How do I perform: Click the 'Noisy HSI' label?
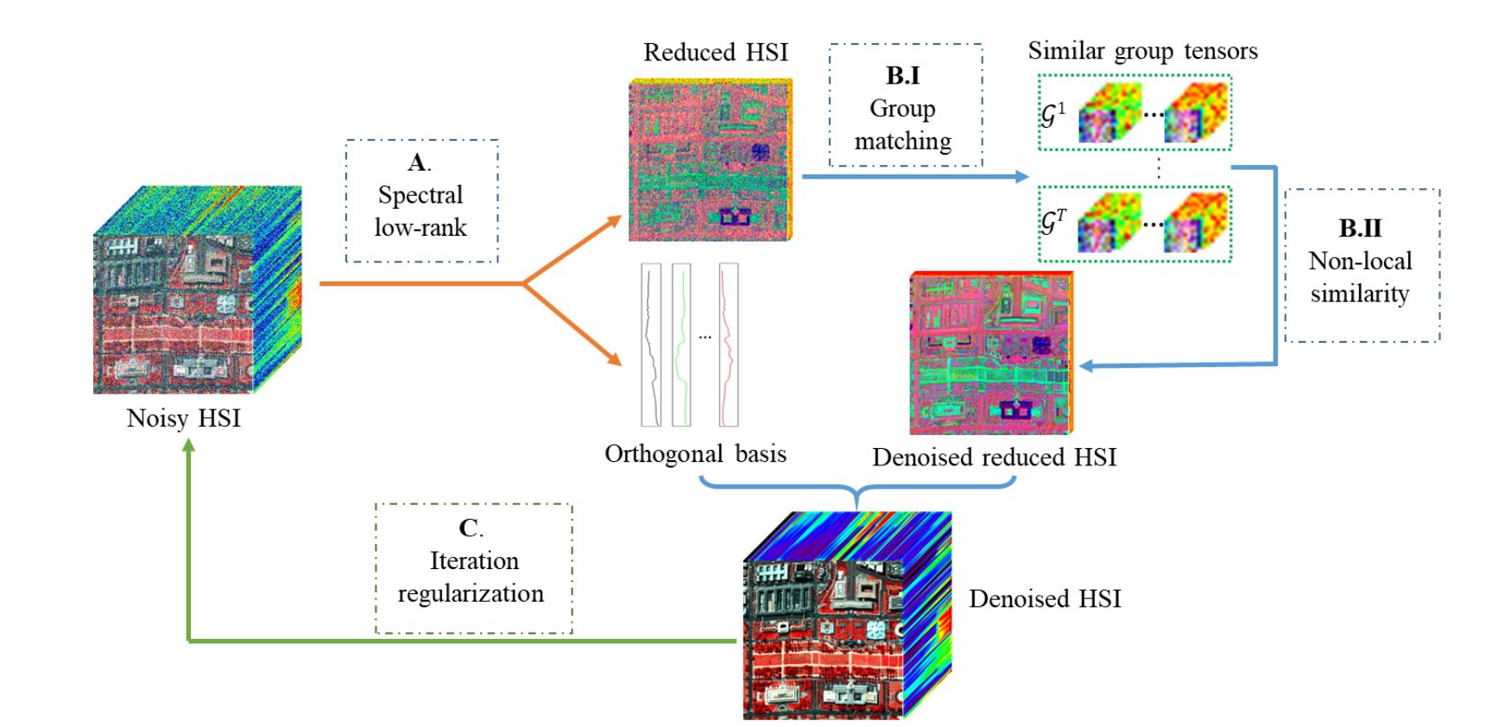coord(183,418)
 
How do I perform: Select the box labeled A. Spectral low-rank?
coord(421,201)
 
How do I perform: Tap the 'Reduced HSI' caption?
coord(716,53)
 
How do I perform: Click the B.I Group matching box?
coord(905,105)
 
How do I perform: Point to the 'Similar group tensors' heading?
coord(1142,51)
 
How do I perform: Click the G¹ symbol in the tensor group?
coord(1053,114)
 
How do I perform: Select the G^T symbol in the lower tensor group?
coord(1053,223)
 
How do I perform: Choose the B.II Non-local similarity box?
coord(1361,265)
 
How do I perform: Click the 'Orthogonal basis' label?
coord(695,454)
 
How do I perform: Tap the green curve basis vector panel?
coord(681,345)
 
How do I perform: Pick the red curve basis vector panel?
coord(729,345)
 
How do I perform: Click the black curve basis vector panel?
coord(651,345)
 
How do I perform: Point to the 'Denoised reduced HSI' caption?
coord(994,457)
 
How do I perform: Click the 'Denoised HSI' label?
coord(1045,598)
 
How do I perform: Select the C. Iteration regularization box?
coord(473,569)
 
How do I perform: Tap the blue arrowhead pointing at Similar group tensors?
coord(1022,177)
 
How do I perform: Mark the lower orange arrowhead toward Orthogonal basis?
coord(615,360)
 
